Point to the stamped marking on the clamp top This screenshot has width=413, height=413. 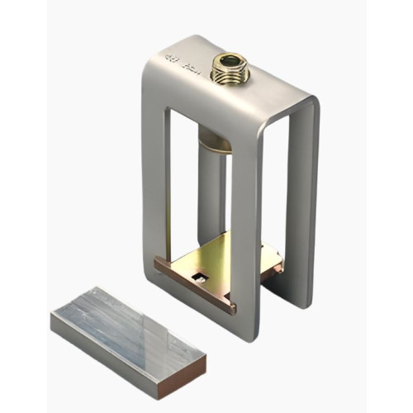pyautogui.click(x=179, y=59)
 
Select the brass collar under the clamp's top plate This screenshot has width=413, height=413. pyautogui.click(x=216, y=142)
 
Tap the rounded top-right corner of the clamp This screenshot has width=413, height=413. pyautogui.click(x=310, y=103)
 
